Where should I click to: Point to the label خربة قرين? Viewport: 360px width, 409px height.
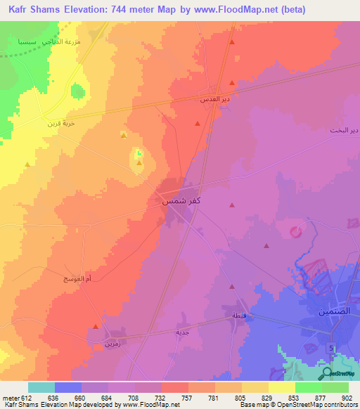[60, 123]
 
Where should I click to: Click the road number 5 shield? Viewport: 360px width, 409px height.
[330, 348]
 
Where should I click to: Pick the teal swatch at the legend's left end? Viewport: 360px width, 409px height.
[41, 387]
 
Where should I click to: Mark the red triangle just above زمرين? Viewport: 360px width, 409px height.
[96, 327]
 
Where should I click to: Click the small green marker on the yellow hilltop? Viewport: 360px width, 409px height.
[139, 153]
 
